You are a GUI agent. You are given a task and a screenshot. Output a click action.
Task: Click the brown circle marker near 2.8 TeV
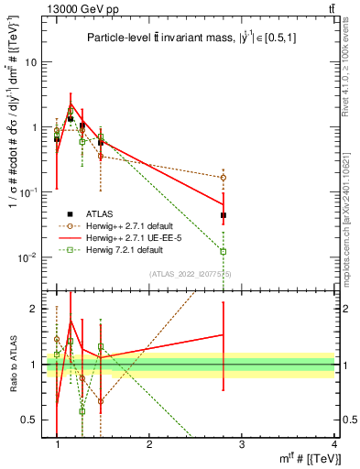click(224, 178)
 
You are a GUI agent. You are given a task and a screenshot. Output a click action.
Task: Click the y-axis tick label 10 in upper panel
click(29, 62)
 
